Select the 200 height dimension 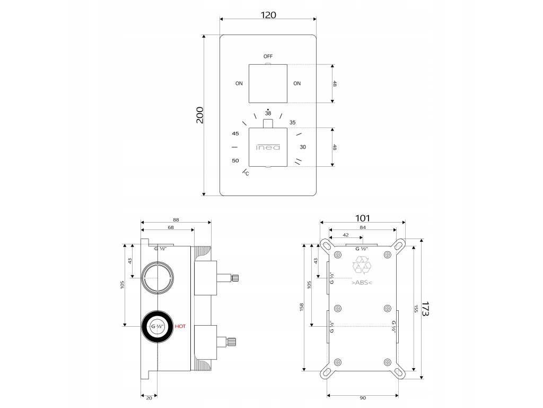[x=200, y=115]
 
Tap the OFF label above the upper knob [x=268, y=56]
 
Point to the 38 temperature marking [x=268, y=114]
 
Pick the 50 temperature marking [x=235, y=160]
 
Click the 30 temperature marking [x=302, y=147]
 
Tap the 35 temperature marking [x=292, y=123]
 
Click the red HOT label [x=181, y=327]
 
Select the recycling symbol [x=362, y=266]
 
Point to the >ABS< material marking [x=362, y=283]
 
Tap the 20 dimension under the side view [x=149, y=397]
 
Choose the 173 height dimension [x=424, y=309]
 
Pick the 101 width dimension [x=363, y=218]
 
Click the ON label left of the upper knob [x=239, y=83]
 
